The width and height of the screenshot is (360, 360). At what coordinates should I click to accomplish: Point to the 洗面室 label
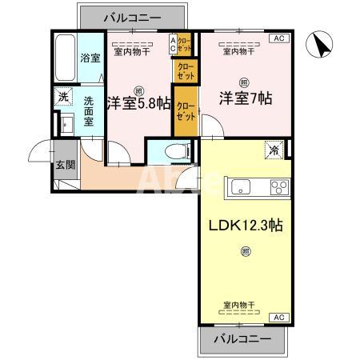click(90, 114)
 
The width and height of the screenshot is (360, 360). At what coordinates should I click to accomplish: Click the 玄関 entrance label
click(65, 165)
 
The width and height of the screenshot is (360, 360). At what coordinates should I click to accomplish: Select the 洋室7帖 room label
click(246, 99)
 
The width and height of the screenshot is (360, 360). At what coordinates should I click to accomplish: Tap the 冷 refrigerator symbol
click(274, 149)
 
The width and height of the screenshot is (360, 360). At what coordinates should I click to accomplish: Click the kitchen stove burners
click(280, 189)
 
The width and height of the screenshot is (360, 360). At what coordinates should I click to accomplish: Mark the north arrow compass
click(322, 45)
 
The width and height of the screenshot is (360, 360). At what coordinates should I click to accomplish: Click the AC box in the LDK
click(278, 318)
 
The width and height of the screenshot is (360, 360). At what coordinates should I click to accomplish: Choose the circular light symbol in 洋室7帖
click(243, 81)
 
